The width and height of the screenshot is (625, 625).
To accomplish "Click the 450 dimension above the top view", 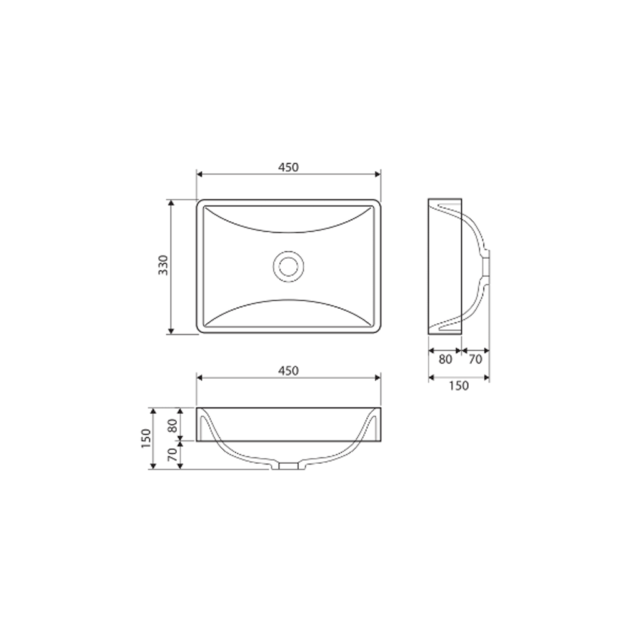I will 288,167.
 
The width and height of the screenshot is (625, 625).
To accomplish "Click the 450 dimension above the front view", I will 288,370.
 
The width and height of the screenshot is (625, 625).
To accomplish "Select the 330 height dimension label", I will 162,266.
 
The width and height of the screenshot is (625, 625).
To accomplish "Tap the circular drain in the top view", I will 288,266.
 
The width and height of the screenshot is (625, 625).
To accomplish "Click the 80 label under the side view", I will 445,359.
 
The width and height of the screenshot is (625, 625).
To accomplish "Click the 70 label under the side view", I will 475,359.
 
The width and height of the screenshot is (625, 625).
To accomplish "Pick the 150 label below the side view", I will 459,386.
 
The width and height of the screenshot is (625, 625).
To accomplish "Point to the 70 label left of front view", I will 174,454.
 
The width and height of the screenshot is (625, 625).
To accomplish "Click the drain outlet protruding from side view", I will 487,266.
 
